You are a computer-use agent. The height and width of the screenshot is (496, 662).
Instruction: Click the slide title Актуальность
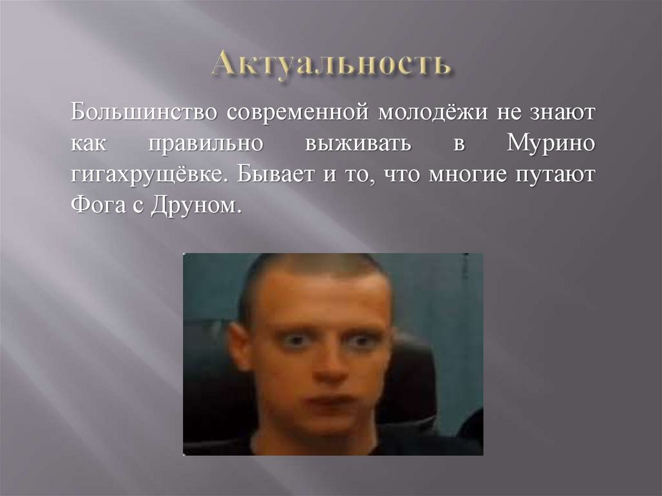330,66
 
